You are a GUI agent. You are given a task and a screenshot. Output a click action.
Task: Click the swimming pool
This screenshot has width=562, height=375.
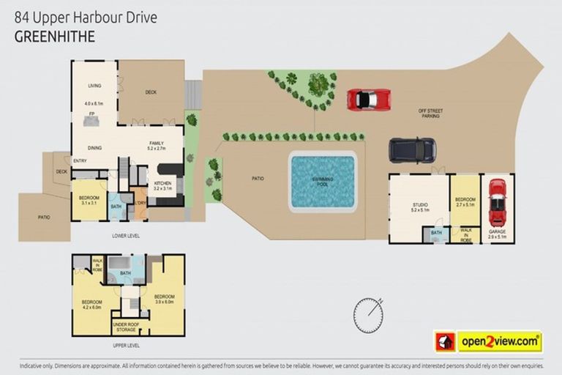tap(323, 181)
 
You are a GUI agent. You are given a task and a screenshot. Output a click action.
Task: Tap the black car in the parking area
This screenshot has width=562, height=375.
tap(412, 150)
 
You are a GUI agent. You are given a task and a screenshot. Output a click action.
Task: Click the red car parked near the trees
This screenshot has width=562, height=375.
tap(368, 99)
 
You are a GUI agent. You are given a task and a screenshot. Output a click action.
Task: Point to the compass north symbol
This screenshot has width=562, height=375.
tap(368, 314)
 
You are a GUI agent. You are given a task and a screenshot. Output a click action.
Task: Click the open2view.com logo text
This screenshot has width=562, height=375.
tap(500, 341)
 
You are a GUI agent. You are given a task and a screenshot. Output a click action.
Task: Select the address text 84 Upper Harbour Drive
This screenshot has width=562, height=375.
tap(86, 17)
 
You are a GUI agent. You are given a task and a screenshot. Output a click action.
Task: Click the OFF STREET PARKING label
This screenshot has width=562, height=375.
tap(430, 114)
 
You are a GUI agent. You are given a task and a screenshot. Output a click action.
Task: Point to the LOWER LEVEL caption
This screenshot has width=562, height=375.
tap(125, 236)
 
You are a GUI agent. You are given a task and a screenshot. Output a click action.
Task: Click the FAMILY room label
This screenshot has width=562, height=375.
tap(155, 143)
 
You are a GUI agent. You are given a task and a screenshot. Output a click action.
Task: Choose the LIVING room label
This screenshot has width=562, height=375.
tap(94, 86)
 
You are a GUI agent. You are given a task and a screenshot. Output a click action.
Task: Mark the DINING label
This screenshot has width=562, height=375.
tap(95, 147)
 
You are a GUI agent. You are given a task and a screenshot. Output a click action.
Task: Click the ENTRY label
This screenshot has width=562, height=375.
tap(80, 161)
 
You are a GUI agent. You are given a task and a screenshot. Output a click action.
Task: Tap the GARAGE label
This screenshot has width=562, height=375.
tap(497, 231)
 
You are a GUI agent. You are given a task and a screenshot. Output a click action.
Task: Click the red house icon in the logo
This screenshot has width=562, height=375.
tap(445, 341)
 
